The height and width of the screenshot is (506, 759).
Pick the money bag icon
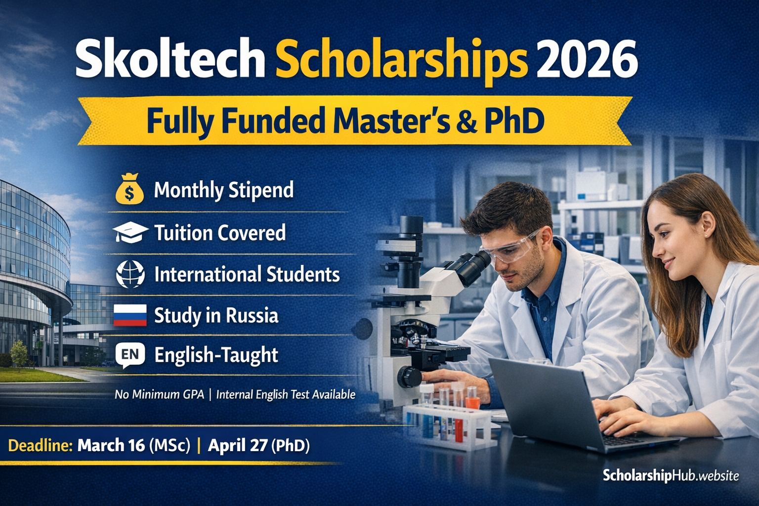point(129,190)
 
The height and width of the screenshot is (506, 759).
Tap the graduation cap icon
point(130,232)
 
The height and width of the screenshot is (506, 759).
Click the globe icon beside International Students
point(130,274)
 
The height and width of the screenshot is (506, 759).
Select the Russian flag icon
point(130,315)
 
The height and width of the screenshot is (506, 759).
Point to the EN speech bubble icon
point(130,355)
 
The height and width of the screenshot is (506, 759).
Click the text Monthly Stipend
point(224,190)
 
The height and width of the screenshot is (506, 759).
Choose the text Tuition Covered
point(220,233)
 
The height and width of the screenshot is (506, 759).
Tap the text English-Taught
point(216,355)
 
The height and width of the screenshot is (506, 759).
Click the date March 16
point(111,446)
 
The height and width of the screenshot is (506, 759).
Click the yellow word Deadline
point(41,446)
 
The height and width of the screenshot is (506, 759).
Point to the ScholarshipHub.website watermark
point(671,476)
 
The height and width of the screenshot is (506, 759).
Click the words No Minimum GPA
point(159,394)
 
